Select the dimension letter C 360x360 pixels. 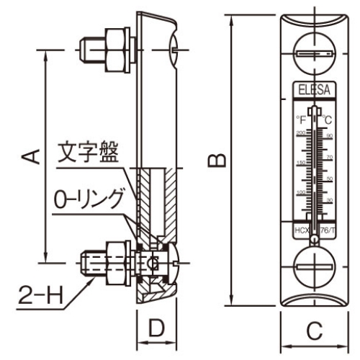coord(313,332)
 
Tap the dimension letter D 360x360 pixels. coord(154,329)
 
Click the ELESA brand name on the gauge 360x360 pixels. coord(313,91)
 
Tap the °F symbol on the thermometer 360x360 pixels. coord(300,119)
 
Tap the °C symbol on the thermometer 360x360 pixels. coord(328,119)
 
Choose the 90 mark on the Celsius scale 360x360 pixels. coord(329,136)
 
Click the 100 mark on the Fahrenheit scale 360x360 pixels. coord(300,192)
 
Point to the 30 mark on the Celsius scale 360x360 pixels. coord(329,199)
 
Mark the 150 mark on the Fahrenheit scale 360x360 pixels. coord(300,163)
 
